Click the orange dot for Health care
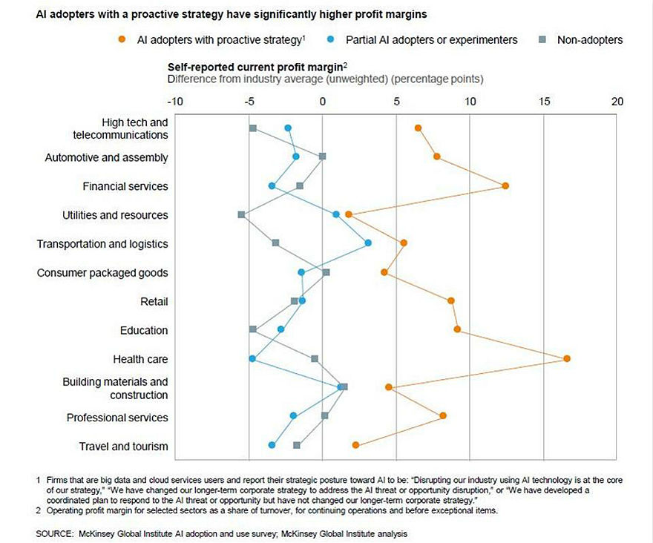pyautogui.click(x=567, y=359)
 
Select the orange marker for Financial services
pyautogui.click(x=505, y=185)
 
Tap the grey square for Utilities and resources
pyautogui.click(x=241, y=214)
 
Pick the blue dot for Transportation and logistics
pyautogui.click(x=368, y=243)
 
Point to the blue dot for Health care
pyautogui.click(x=252, y=359)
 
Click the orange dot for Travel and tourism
pyautogui.click(x=355, y=445)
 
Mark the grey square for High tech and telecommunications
pyautogui.click(x=253, y=128)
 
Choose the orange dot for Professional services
pyautogui.click(x=443, y=416)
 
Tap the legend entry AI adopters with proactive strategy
pyautogui.click(x=215, y=39)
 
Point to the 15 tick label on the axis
pyautogui.click(x=544, y=101)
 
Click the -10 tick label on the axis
pyautogui.click(x=175, y=101)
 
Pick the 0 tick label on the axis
pyautogui.click(x=323, y=101)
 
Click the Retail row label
pyautogui.click(x=154, y=302)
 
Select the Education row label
pyautogui.click(x=144, y=330)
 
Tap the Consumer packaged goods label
pyautogui.click(x=102, y=273)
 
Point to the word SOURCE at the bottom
pyautogui.click(x=56, y=533)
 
